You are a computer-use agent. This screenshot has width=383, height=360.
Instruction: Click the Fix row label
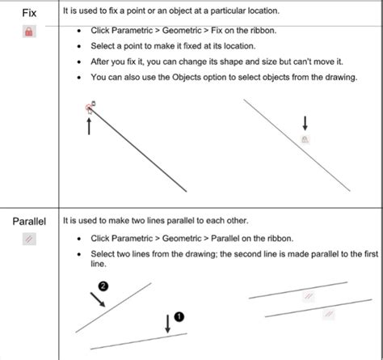pyautogui.click(x=29, y=14)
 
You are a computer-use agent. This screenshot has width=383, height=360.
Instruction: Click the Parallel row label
pyautogui.click(x=28, y=219)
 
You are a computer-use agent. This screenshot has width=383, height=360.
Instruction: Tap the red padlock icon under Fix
pyautogui.click(x=29, y=32)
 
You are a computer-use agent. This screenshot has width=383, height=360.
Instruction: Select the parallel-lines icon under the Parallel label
pyautogui.click(x=29, y=240)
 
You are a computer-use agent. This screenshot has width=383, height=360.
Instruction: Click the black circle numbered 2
pyautogui.click(x=103, y=286)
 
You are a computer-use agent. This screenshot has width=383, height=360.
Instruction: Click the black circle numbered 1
pyautogui.click(x=180, y=316)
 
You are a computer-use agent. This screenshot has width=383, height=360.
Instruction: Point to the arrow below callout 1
pyautogui.click(x=166, y=323)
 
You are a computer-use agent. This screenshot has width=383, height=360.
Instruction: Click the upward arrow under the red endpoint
pyautogui.click(x=89, y=125)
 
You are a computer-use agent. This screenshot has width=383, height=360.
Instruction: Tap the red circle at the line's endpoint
pyautogui.click(x=88, y=107)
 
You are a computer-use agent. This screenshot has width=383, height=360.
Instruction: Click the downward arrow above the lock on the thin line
pyautogui.click(x=305, y=122)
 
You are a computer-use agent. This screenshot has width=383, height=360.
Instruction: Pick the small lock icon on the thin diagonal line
pyautogui.click(x=305, y=139)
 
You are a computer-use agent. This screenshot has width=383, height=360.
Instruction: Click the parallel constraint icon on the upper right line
pyautogui.click(x=308, y=297)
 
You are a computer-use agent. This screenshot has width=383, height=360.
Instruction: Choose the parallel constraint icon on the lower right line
pyautogui.click(x=329, y=311)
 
